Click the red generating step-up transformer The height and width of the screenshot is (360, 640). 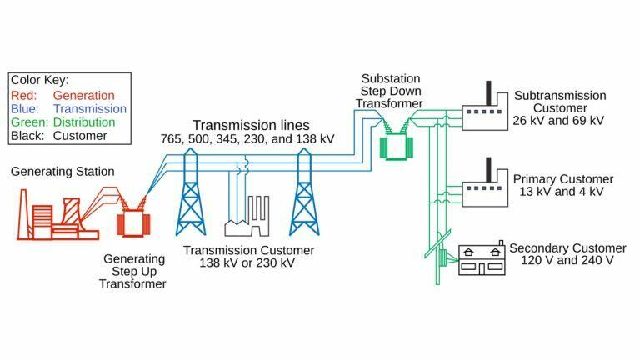click(131, 221)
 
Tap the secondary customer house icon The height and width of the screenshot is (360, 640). click(481, 259)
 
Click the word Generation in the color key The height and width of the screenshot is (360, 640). click(83, 96)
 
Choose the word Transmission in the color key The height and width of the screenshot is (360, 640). click(89, 109)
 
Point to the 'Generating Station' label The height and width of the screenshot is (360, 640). click(62, 172)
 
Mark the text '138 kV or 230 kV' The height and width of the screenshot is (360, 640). click(247, 264)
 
